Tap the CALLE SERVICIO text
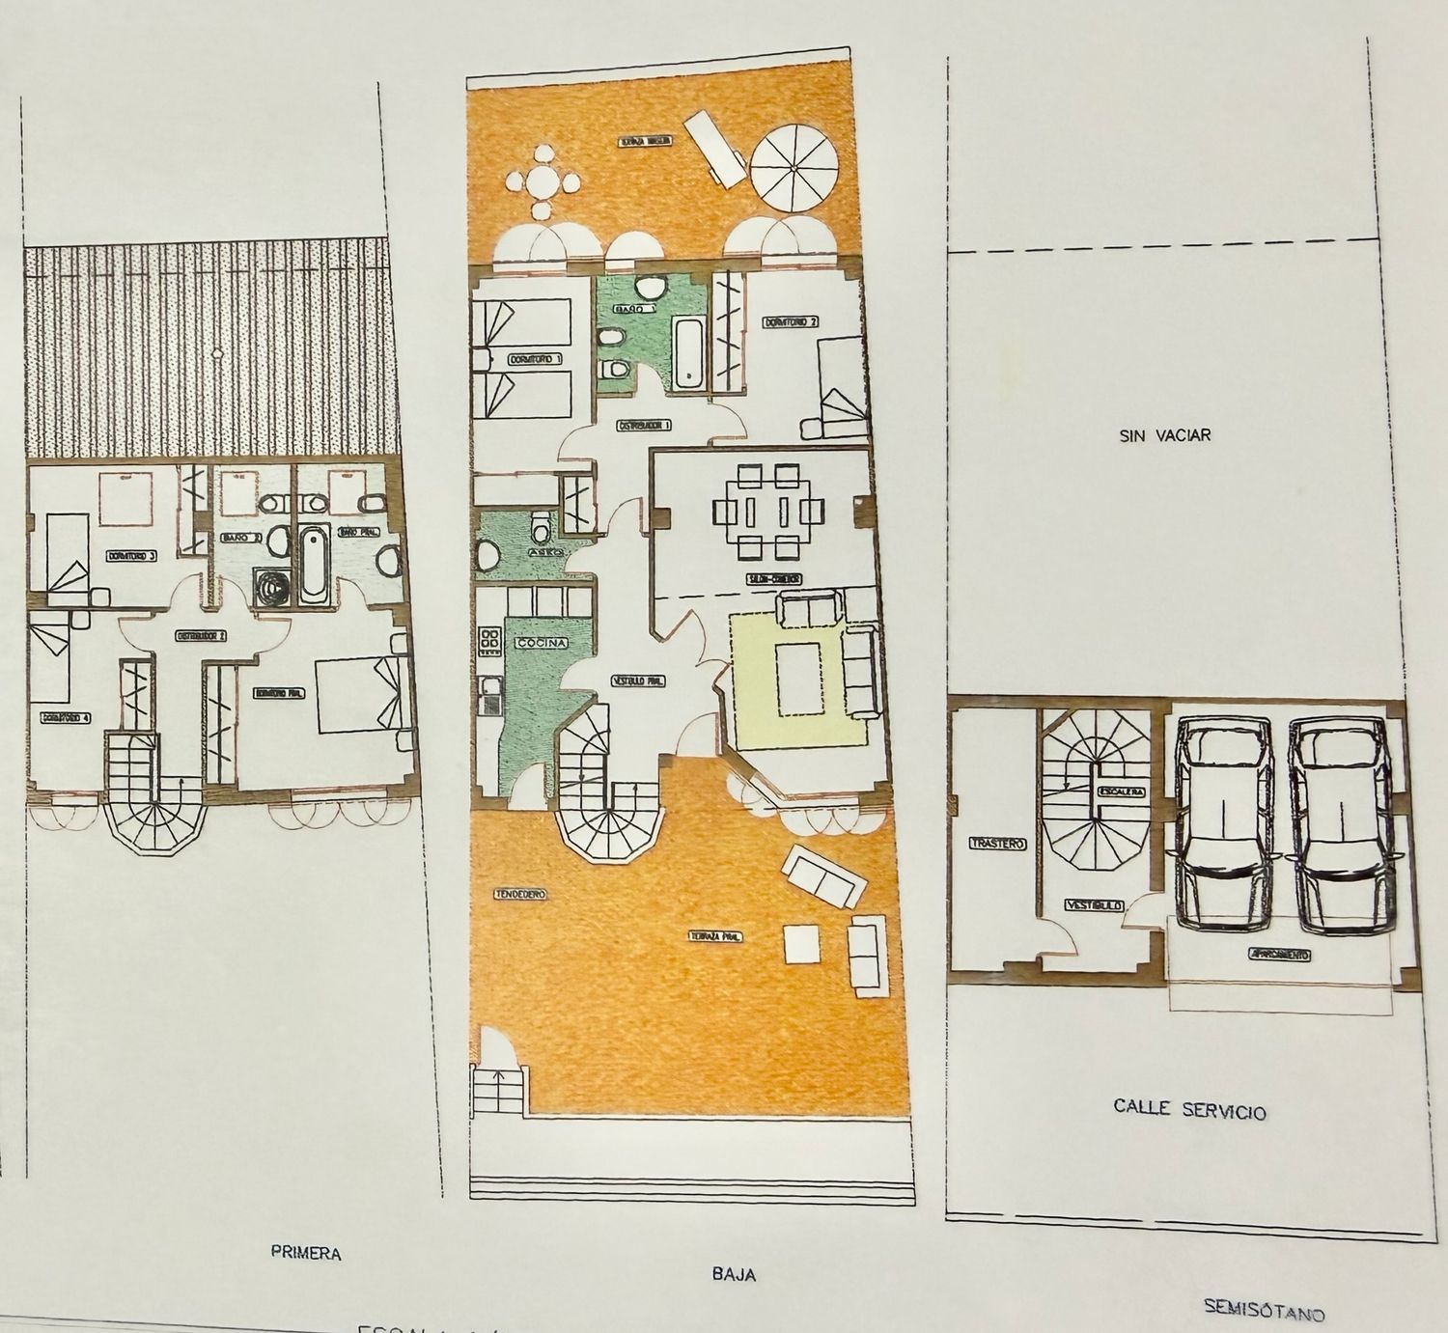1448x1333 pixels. click(x=1188, y=1109)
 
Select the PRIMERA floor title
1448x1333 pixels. click(x=306, y=1254)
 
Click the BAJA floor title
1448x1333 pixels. click(x=734, y=1274)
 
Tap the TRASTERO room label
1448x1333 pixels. click(x=995, y=843)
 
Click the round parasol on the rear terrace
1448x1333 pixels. click(x=793, y=172)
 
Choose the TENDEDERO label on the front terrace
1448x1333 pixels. click(x=519, y=895)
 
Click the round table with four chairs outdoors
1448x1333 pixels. click(x=543, y=181)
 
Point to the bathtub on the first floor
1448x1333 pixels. click(x=313, y=565)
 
